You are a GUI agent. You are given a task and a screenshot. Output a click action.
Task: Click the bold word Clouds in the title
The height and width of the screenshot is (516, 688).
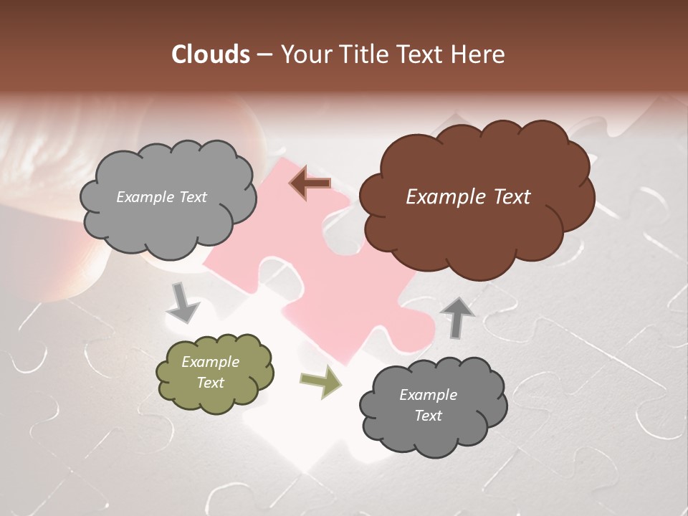[x=211, y=54]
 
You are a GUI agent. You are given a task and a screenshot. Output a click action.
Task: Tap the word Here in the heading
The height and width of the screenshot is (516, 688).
[x=479, y=54]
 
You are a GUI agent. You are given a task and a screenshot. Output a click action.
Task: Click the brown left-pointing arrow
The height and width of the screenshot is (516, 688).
[x=310, y=183]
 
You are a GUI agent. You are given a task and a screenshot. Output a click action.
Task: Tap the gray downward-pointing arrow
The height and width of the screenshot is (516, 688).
[x=183, y=302]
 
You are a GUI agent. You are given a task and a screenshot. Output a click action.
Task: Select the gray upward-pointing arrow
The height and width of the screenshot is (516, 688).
[x=457, y=317]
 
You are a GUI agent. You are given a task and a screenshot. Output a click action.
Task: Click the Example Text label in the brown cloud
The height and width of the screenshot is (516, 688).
[x=468, y=197]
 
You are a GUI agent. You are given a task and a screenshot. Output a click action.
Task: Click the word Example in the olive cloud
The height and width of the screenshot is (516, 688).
[x=210, y=362]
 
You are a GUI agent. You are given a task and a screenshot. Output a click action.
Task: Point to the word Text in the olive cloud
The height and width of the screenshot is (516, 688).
[x=210, y=383]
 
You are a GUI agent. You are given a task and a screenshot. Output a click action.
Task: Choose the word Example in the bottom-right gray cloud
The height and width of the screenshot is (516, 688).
[x=428, y=395]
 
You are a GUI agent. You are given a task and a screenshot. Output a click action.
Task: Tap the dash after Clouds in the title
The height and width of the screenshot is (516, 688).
[x=264, y=55]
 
